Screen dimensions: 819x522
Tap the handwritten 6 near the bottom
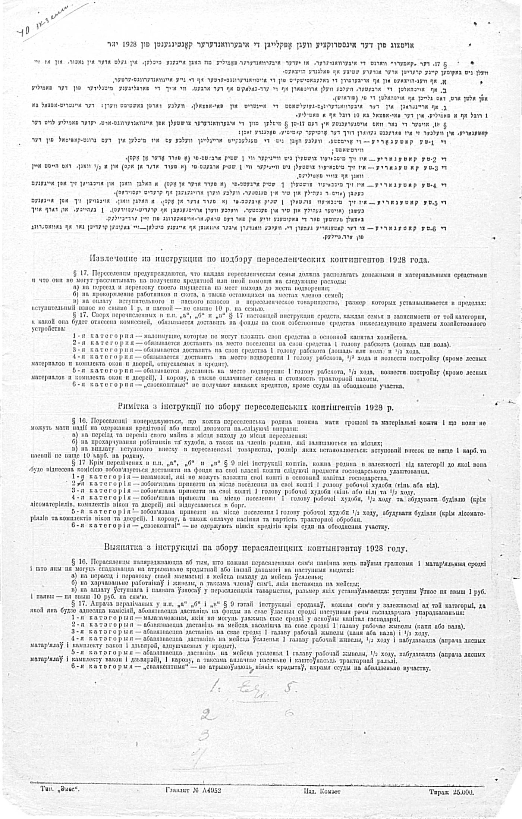click(x=289, y=712)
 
